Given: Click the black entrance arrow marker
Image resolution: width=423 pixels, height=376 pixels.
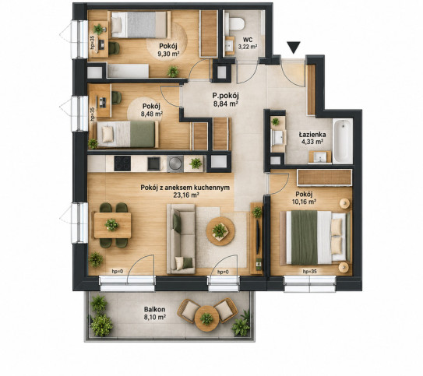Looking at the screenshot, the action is [x=294, y=47].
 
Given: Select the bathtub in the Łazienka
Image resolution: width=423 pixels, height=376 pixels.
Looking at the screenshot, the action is [x=343, y=142].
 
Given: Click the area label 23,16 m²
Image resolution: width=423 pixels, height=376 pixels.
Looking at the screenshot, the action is [x=186, y=195].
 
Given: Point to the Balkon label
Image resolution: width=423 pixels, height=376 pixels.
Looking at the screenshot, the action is [x=154, y=309].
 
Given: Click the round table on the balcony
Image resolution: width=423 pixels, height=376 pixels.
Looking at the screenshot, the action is [x=206, y=318].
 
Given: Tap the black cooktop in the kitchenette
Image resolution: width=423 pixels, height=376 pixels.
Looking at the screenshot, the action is [x=122, y=163].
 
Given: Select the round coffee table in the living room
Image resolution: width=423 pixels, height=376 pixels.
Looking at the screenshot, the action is [x=220, y=231].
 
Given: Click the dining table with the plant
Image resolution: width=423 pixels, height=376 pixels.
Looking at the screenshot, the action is [x=112, y=225].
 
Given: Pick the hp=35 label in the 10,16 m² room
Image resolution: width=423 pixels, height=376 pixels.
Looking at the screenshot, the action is [x=310, y=272].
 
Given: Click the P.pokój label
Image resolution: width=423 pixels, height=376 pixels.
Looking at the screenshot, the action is [x=226, y=96].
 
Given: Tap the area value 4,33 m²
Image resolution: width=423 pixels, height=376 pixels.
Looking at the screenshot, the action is [x=312, y=142].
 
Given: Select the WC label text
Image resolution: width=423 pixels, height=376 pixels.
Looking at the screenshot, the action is [x=248, y=40].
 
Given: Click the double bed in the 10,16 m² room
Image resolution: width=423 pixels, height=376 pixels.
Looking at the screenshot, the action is [x=315, y=237].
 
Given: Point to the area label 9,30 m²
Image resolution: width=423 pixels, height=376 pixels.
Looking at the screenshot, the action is [x=168, y=54].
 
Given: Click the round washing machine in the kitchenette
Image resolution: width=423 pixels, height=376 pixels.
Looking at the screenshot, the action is [x=175, y=163].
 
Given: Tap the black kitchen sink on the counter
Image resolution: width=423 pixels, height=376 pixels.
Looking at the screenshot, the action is [x=153, y=164].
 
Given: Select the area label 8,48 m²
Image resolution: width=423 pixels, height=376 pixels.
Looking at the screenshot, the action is [x=152, y=114].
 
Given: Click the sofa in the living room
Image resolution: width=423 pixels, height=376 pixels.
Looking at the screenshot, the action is [x=181, y=239].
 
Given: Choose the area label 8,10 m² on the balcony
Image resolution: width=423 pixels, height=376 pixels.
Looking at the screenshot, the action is [x=154, y=317].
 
